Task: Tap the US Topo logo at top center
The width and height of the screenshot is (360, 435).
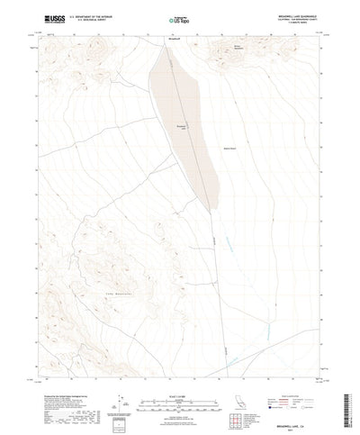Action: coord(180,18)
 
